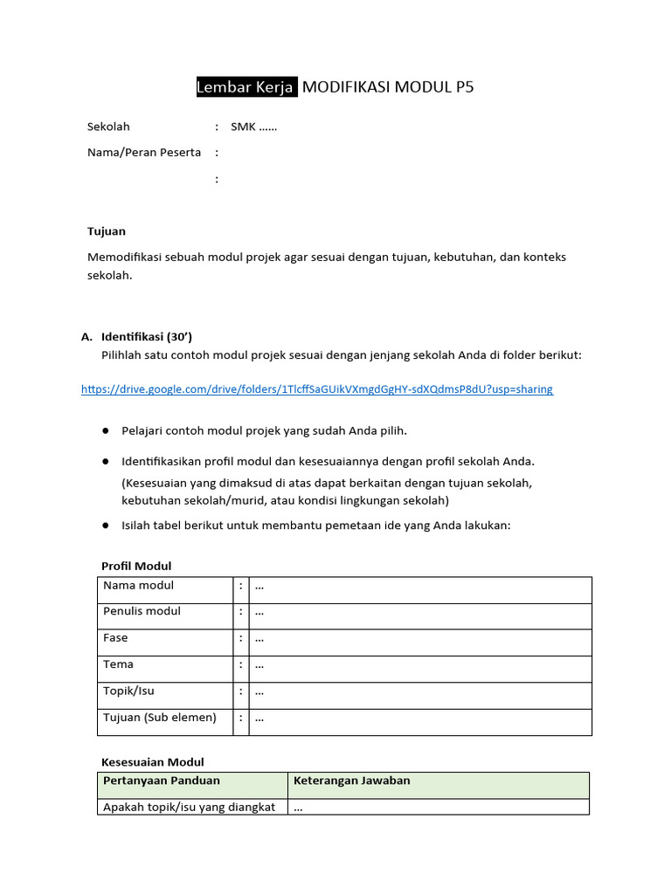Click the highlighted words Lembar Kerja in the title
pos(246,87)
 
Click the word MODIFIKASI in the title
pos(346,87)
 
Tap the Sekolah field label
pos(108,127)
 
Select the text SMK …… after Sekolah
pos(253,127)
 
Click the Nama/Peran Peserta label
pos(144,153)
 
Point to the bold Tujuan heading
pos(107,231)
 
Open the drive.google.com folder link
pos(317,389)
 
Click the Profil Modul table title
pos(136,567)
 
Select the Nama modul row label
pos(138,586)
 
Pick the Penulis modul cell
pos(142,612)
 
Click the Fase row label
pos(115,638)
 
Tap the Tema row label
pos(118,665)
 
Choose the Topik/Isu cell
pos(128,691)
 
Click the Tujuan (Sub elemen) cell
pos(159,718)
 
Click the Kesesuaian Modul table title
pos(153,762)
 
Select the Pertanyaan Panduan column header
pos(162,781)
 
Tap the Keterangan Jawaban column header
pos(351,781)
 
